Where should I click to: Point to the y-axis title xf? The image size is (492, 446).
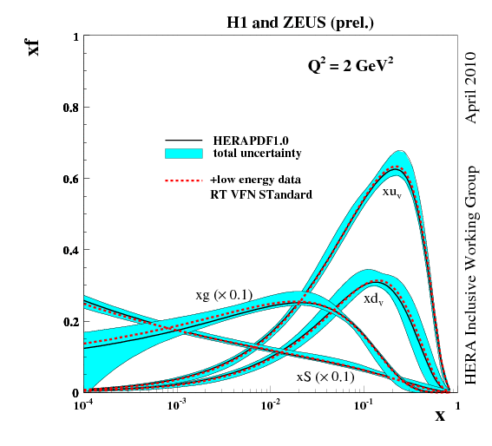(x=34, y=44)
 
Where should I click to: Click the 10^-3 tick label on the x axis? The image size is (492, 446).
(x=177, y=404)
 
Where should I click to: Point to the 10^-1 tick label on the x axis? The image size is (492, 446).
(x=364, y=404)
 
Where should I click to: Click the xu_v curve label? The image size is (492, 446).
(x=392, y=192)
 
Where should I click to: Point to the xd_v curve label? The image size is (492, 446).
(x=374, y=298)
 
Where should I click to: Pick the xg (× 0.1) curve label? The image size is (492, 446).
(x=224, y=295)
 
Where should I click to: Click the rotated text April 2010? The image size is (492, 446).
(x=472, y=87)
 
